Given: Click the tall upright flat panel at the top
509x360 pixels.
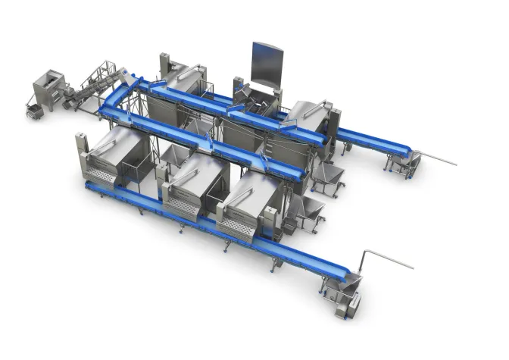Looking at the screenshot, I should coord(267,65).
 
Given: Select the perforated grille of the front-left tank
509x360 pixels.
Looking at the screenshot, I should coord(101,177).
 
